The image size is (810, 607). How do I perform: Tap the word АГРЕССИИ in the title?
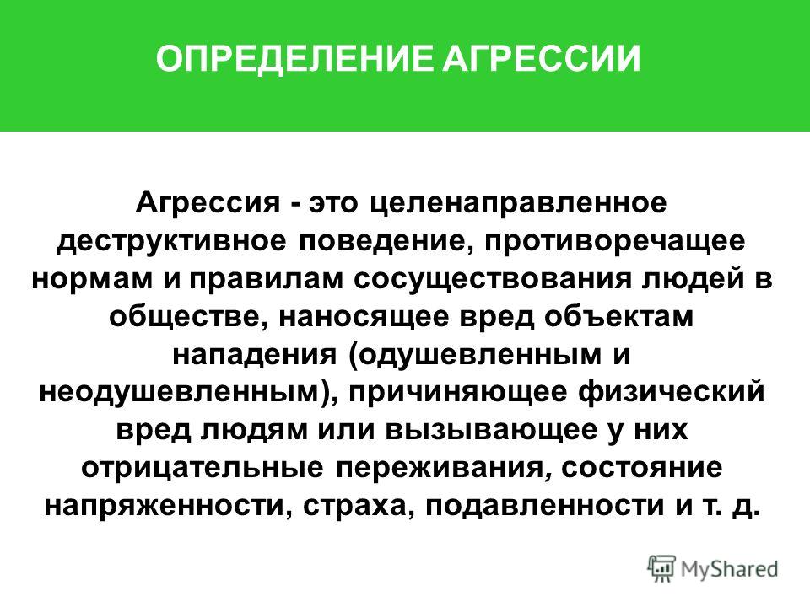542,58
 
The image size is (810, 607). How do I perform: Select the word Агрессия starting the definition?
208,204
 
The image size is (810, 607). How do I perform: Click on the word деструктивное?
171,242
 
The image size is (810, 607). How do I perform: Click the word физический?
671,392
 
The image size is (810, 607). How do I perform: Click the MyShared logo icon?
661,569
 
